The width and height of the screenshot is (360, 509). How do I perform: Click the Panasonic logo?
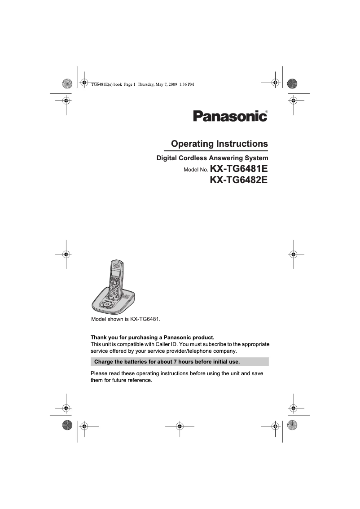pos(230,116)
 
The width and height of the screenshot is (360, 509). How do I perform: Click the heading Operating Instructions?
pos(220,144)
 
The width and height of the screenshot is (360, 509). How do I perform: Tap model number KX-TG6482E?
pos(239,180)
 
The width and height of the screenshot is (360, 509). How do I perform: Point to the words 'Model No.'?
pos(196,171)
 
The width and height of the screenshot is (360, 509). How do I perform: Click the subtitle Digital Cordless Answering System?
pos(212,158)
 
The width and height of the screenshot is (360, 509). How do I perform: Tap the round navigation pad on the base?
pos(106,304)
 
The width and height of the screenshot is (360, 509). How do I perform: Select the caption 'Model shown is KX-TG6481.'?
pos(126,320)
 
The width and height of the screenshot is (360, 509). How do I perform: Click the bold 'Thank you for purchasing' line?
pos(153,337)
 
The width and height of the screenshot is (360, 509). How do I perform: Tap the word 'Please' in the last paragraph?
pos(100,373)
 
